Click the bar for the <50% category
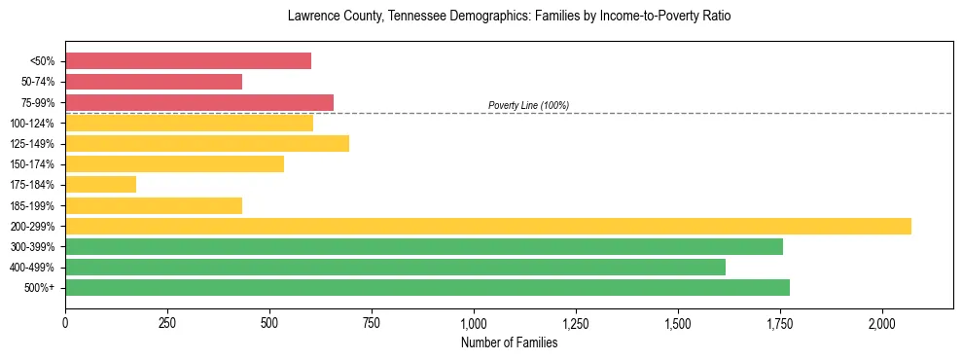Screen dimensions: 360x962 tap(188, 61)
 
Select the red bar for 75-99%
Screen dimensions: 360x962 tap(199, 102)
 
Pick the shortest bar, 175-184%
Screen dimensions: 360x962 tap(100, 184)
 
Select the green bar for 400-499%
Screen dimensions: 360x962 tap(395, 267)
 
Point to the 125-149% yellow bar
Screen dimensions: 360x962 tap(207, 143)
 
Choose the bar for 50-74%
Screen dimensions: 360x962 tap(154, 82)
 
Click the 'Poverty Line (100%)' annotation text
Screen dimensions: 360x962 tap(528, 105)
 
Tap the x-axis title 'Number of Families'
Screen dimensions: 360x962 tap(509, 342)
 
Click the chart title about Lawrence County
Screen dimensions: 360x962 tap(509, 17)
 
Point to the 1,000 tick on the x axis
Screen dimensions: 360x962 tap(474, 323)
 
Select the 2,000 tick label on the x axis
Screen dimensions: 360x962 tap(882, 323)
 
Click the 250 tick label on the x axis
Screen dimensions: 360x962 tap(167, 323)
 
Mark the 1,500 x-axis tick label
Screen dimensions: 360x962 tap(678, 323)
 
